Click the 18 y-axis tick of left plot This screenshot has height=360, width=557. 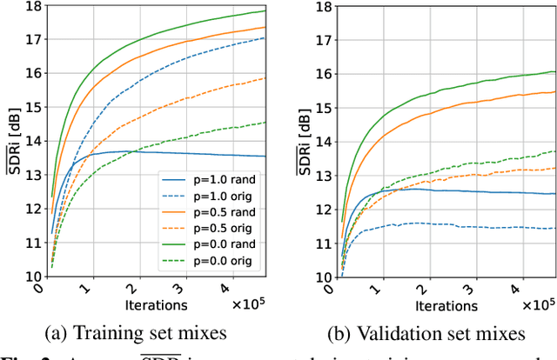[23, 7]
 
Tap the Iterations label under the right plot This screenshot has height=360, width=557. [445, 305]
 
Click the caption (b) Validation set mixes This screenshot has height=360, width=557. [438, 333]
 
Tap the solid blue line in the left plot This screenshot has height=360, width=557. [174, 153]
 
